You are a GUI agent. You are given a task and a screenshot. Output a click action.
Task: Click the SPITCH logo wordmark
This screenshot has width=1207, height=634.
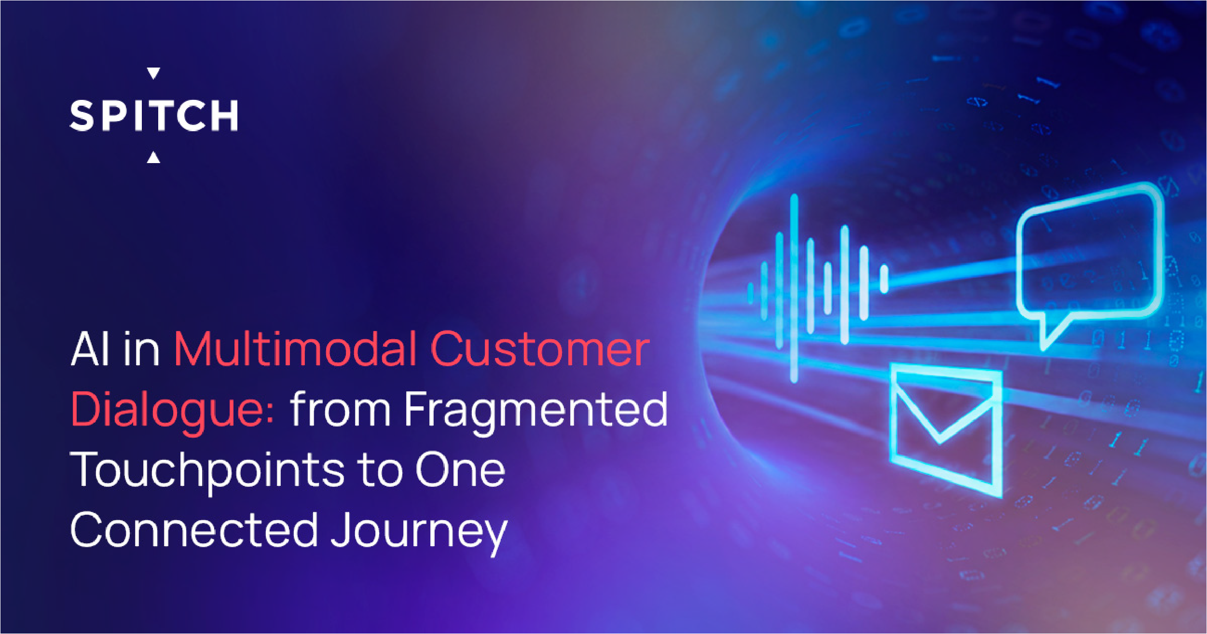point(154,116)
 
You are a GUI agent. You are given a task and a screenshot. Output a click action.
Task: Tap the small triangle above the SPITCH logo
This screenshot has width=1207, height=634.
point(153,73)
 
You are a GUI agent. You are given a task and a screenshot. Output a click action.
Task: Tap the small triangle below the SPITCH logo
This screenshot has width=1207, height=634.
point(153,157)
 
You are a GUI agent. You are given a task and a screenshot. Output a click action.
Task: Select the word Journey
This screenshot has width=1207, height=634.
point(419,534)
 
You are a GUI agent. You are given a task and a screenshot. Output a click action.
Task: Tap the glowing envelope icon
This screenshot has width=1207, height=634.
point(946,430)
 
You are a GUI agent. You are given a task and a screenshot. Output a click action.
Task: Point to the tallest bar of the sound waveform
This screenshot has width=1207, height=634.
point(794,289)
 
